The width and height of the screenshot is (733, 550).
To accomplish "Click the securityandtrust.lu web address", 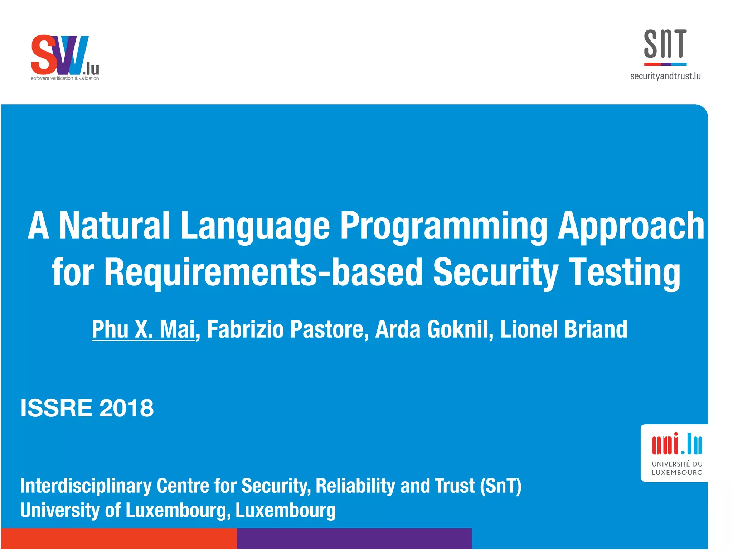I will pos(665,76).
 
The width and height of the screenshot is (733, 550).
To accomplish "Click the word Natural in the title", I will pos(114,226).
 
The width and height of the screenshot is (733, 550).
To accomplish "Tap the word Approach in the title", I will pos(631,226).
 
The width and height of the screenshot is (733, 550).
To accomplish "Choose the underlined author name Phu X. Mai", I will pos(143,329).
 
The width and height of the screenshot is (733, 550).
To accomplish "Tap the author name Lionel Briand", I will pos(563,329).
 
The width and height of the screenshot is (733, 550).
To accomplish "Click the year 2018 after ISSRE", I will pos(126,408).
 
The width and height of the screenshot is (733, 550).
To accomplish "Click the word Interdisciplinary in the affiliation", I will pos(86,486).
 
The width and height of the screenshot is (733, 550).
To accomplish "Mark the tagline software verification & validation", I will pos(65,78).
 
